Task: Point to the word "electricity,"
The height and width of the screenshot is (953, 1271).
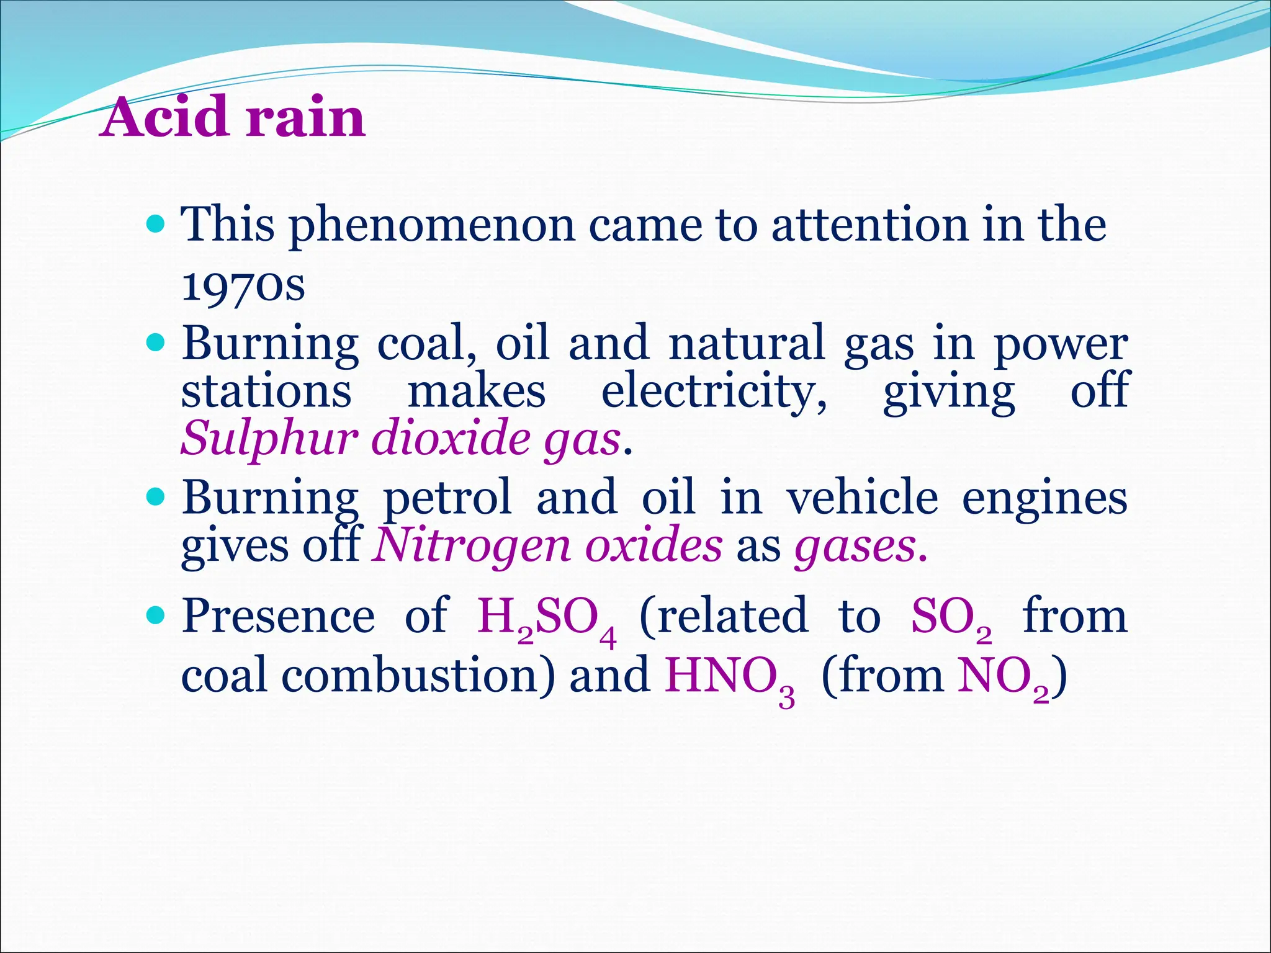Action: pyautogui.click(x=714, y=392)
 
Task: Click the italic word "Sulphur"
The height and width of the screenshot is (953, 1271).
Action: pyautogui.click(x=269, y=439)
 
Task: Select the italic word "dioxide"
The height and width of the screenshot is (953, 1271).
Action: pyautogui.click(x=451, y=437)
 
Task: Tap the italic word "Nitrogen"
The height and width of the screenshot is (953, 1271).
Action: pyautogui.click(x=471, y=545)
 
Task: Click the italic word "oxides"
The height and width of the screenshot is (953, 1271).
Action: pyautogui.click(x=654, y=545)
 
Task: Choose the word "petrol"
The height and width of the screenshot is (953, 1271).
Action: pyautogui.click(x=447, y=498)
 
